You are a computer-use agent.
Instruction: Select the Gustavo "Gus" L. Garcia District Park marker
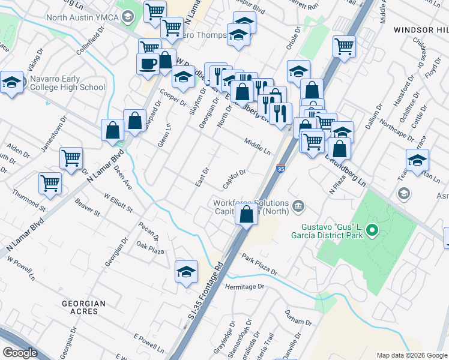click(x=372, y=230)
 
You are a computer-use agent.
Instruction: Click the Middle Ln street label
click(x=257, y=146)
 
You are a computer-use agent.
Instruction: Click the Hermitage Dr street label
click(x=244, y=287)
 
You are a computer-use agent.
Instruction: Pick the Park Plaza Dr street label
click(x=260, y=264)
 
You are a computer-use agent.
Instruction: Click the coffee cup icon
click(x=148, y=63)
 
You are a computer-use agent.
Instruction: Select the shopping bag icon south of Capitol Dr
click(x=247, y=215)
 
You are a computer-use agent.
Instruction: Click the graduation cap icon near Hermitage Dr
click(x=187, y=271)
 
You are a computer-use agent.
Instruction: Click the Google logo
click(x=20, y=352)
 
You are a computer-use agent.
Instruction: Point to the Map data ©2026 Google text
click(x=411, y=355)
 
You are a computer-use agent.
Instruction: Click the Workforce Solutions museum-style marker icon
click(x=298, y=208)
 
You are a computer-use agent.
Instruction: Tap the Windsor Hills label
click(x=421, y=29)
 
